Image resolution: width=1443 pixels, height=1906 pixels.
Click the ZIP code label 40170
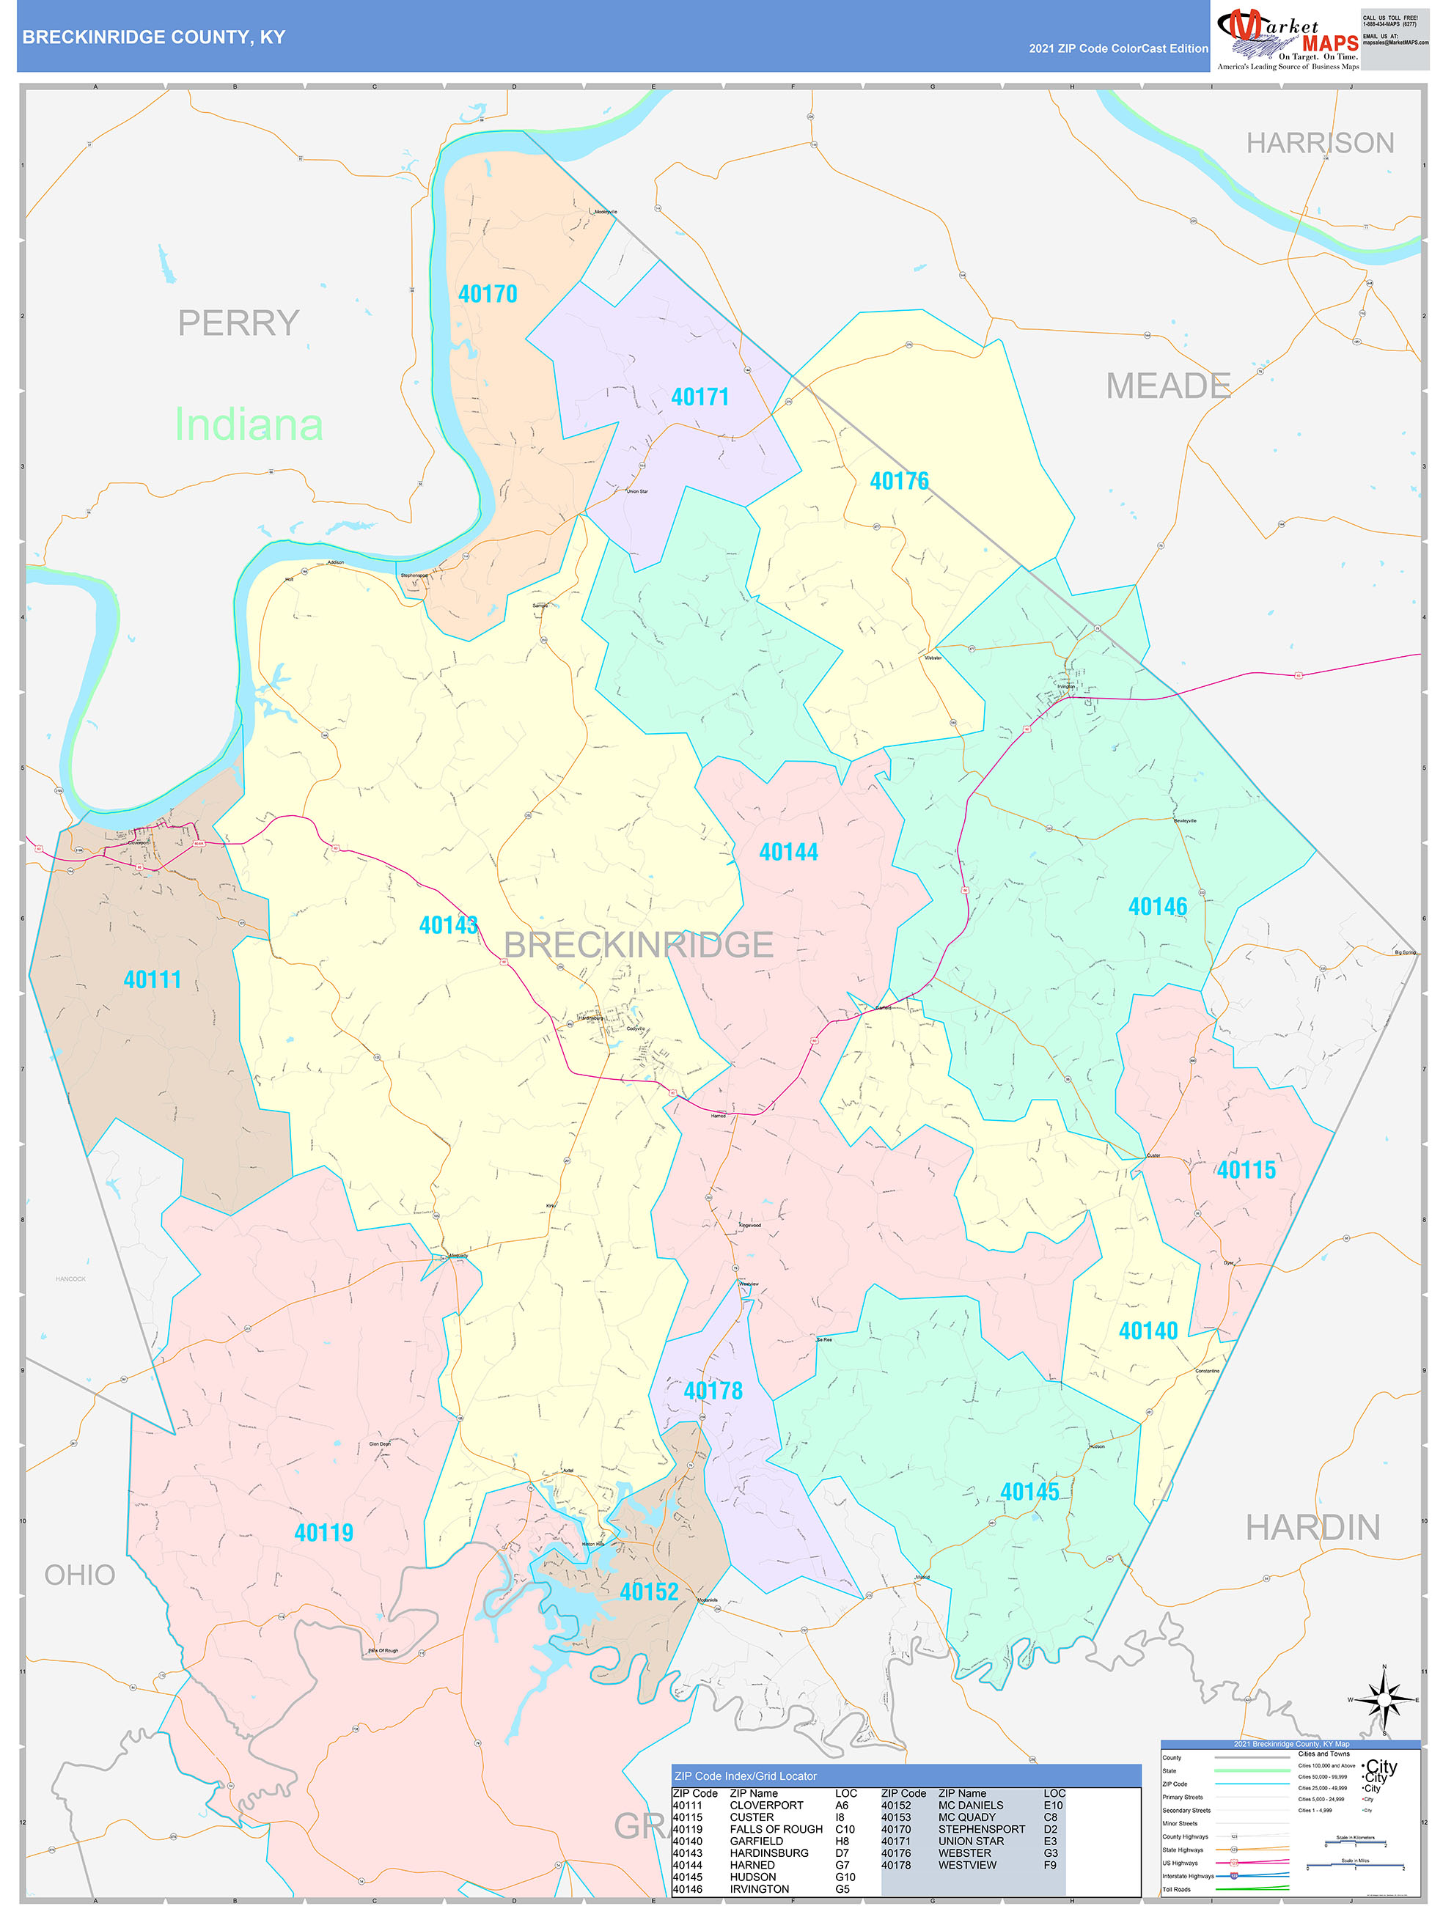pyautogui.click(x=488, y=295)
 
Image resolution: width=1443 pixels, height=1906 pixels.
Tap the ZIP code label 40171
pyautogui.click(x=700, y=397)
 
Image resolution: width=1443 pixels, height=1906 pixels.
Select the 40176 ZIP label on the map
pyautogui.click(x=899, y=482)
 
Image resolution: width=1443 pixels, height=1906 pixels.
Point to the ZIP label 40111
pyautogui.click(x=153, y=979)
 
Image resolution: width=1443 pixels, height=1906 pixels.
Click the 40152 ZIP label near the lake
pyautogui.click(x=649, y=1592)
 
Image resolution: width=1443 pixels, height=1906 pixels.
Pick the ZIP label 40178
pyautogui.click(x=713, y=1391)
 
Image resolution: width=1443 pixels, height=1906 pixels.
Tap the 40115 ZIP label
pyautogui.click(x=1246, y=1170)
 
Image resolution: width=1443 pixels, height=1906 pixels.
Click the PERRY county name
pyautogui.click(x=239, y=324)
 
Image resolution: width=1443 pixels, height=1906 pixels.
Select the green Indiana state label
pyautogui.click(x=249, y=424)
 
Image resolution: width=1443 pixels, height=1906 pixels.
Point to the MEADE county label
pyautogui.click(x=1168, y=386)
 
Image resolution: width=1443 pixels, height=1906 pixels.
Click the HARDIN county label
pyautogui.click(x=1312, y=1528)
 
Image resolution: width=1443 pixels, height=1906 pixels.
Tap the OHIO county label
pyautogui.click(x=80, y=1575)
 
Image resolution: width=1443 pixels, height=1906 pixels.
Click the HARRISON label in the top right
pyautogui.click(x=1320, y=143)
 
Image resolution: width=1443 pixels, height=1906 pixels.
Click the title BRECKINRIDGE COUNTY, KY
pyautogui.click(x=153, y=37)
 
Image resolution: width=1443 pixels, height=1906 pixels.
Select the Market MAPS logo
pyautogui.click(x=1287, y=38)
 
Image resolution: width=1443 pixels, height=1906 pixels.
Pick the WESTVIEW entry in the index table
pyautogui.click(x=967, y=1865)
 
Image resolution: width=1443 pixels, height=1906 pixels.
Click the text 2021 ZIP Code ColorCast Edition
pyautogui.click(x=1118, y=49)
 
